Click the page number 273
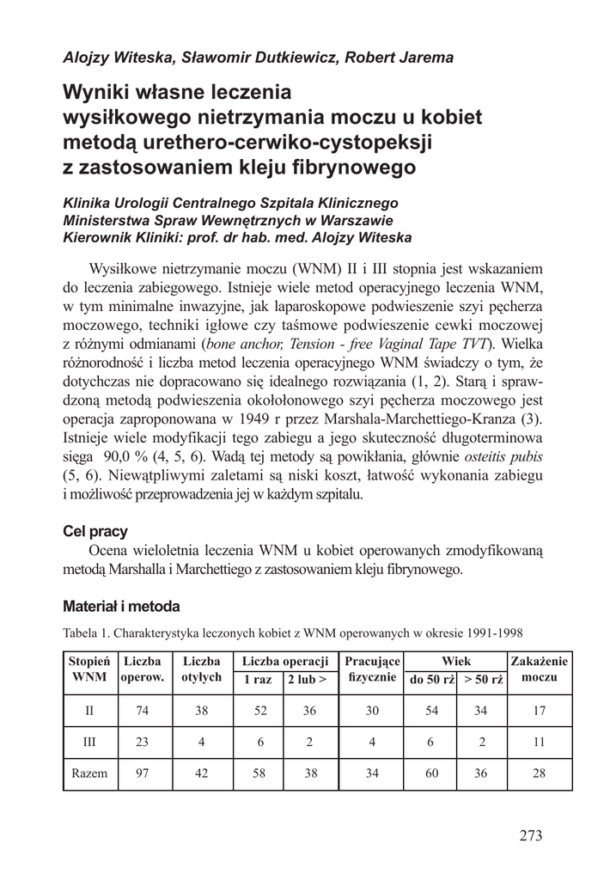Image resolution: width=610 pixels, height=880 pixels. tap(532, 835)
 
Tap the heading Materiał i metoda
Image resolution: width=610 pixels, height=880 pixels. tap(121, 607)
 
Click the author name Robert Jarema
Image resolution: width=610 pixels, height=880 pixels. tap(396, 58)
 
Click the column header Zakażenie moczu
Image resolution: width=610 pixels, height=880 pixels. tap(540, 670)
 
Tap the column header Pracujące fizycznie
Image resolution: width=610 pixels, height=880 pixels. tap(372, 670)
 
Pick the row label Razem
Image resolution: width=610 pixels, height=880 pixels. tap(89, 773)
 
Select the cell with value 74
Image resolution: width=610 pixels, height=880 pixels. tap(143, 712)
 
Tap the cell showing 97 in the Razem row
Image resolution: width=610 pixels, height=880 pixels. tap(143, 773)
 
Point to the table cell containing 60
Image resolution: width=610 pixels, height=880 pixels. tap(432, 773)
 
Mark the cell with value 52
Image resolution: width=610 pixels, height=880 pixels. tap(260, 712)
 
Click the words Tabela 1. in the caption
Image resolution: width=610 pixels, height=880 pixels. tap(89, 633)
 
